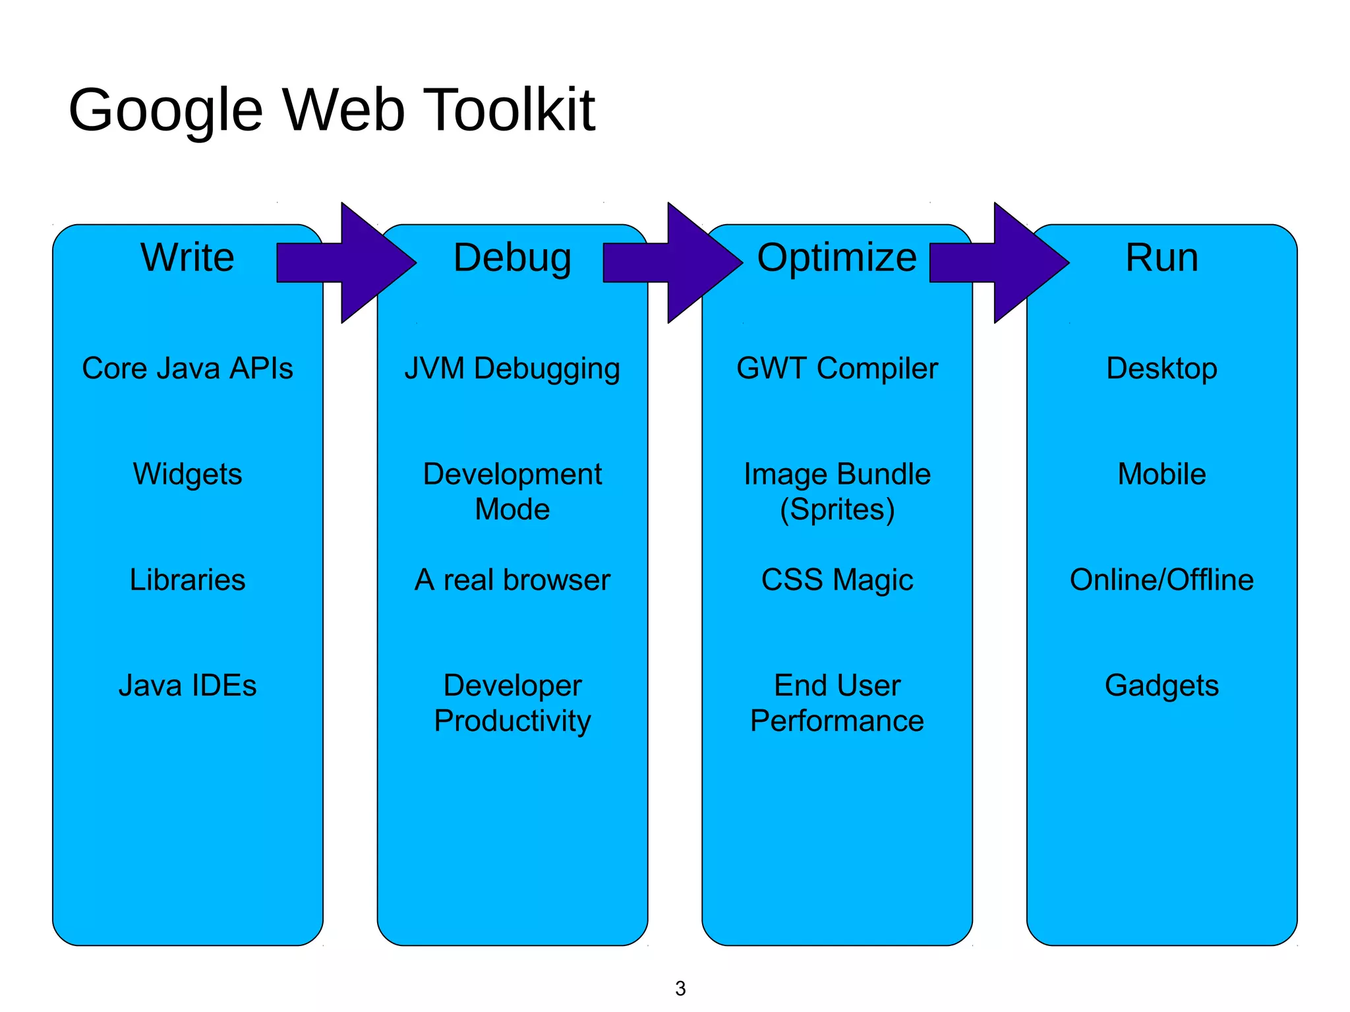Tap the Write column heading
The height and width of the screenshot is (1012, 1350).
coord(187,257)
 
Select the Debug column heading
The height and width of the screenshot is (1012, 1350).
coord(512,258)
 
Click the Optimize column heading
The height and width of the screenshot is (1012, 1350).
coord(836,257)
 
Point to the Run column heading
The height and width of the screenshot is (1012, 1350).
coord(1161,257)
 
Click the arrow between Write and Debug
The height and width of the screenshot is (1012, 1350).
coord(356,262)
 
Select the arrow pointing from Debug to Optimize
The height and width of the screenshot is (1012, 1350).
coord(682,262)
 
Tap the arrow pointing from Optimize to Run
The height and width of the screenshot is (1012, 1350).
coord(1009,262)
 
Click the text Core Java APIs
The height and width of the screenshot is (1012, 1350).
coord(187,368)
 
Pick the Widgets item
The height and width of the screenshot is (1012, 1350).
coord(187,474)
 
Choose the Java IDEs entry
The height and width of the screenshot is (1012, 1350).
coord(187,686)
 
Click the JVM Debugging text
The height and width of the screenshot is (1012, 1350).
coord(512,369)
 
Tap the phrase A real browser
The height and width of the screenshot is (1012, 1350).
coord(512,580)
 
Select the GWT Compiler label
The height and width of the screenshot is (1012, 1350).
coord(836,368)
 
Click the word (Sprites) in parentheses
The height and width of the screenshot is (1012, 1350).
coord(836,510)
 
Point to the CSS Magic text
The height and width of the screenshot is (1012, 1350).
coord(836,580)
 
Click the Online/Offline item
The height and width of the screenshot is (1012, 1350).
coord(1161,580)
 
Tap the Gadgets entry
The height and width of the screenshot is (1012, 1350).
coord(1161,686)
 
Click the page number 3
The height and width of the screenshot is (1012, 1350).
coord(680,988)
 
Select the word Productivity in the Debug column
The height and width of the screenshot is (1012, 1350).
coord(512,721)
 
